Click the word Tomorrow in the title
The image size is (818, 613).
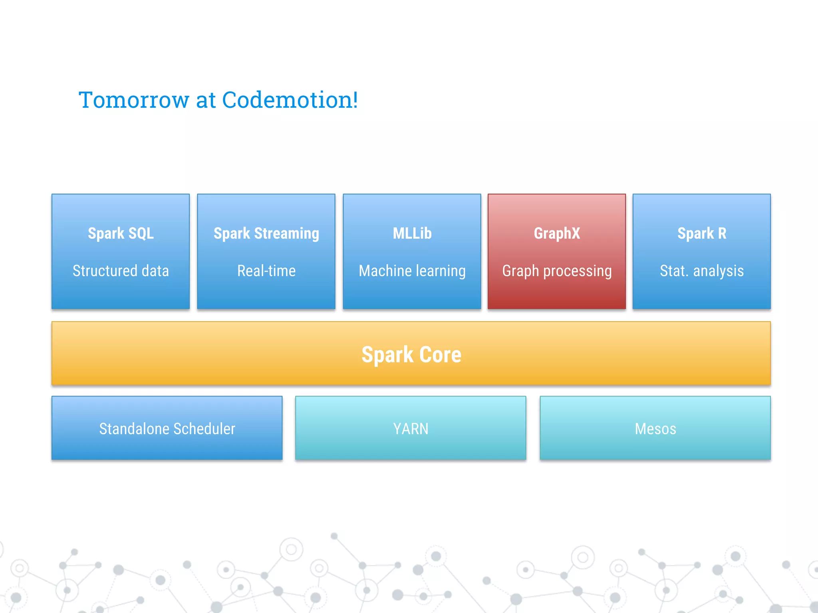tap(134, 100)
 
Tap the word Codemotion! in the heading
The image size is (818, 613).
tap(290, 100)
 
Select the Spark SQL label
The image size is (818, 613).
tap(121, 233)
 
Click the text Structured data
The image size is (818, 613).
tap(121, 271)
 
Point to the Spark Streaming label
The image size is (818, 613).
tap(266, 233)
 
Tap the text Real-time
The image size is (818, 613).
tap(266, 271)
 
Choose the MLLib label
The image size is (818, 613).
tap(412, 233)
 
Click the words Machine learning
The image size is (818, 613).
tap(412, 271)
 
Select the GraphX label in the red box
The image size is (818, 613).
tap(557, 233)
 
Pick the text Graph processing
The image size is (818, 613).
tap(557, 271)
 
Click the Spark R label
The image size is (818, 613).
tap(702, 233)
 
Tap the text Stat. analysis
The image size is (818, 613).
tap(702, 271)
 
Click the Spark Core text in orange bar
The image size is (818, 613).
tap(411, 354)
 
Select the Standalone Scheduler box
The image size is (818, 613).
tap(167, 429)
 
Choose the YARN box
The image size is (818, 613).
tap(411, 429)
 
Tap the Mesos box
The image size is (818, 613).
tap(655, 429)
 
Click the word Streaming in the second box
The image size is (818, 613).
tap(286, 234)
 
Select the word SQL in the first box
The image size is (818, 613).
tap(141, 233)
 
